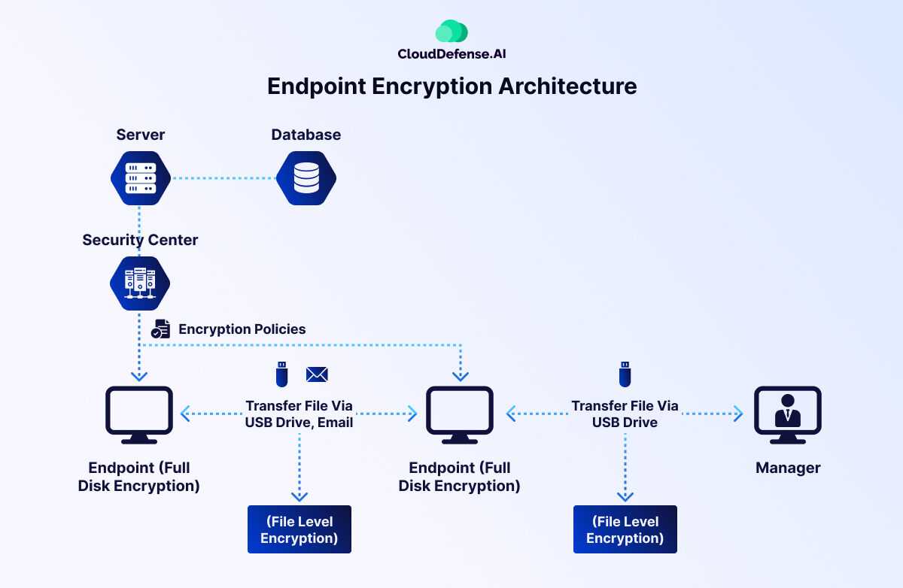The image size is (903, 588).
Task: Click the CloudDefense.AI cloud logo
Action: pyautogui.click(x=451, y=32)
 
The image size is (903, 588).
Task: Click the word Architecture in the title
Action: pyautogui.click(x=567, y=86)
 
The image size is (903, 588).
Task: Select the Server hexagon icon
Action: pyautogui.click(x=140, y=179)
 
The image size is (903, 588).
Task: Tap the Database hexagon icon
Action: pyautogui.click(x=306, y=179)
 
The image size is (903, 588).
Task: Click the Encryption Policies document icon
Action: pyautogui.click(x=160, y=329)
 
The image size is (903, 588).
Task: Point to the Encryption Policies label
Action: pyautogui.click(x=242, y=329)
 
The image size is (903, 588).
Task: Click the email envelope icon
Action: pyautogui.click(x=317, y=374)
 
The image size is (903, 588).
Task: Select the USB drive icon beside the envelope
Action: pyautogui.click(x=281, y=374)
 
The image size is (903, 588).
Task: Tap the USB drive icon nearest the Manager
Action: pyautogui.click(x=625, y=374)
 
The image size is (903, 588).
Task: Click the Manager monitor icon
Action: pyautogui.click(x=787, y=414)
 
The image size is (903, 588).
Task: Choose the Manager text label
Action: pyautogui.click(x=787, y=468)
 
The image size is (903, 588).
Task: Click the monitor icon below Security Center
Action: pyautogui.click(x=139, y=414)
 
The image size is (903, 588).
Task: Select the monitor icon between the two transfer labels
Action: pyautogui.click(x=460, y=414)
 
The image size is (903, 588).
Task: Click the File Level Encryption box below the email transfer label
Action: pyautogui.click(x=299, y=529)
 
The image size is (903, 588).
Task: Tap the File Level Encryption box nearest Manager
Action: pyautogui.click(x=625, y=529)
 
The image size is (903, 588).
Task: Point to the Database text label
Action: pyautogui.click(x=306, y=135)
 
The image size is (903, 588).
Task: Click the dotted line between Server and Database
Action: pyautogui.click(x=223, y=179)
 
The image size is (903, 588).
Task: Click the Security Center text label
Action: pyautogui.click(x=140, y=240)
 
